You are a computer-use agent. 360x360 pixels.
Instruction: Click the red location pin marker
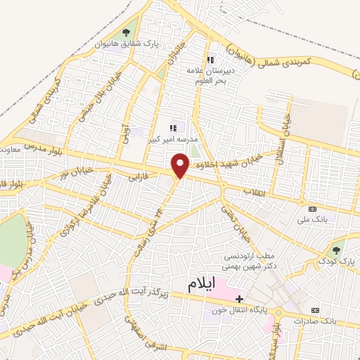181,166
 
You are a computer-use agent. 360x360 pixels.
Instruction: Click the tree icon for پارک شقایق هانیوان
126,32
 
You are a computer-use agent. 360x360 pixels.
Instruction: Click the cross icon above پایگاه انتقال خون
239,299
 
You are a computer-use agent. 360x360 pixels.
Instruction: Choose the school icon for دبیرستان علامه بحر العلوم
209,60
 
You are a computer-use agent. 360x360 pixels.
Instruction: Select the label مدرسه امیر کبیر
168,139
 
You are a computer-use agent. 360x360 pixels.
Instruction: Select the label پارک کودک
335,262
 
